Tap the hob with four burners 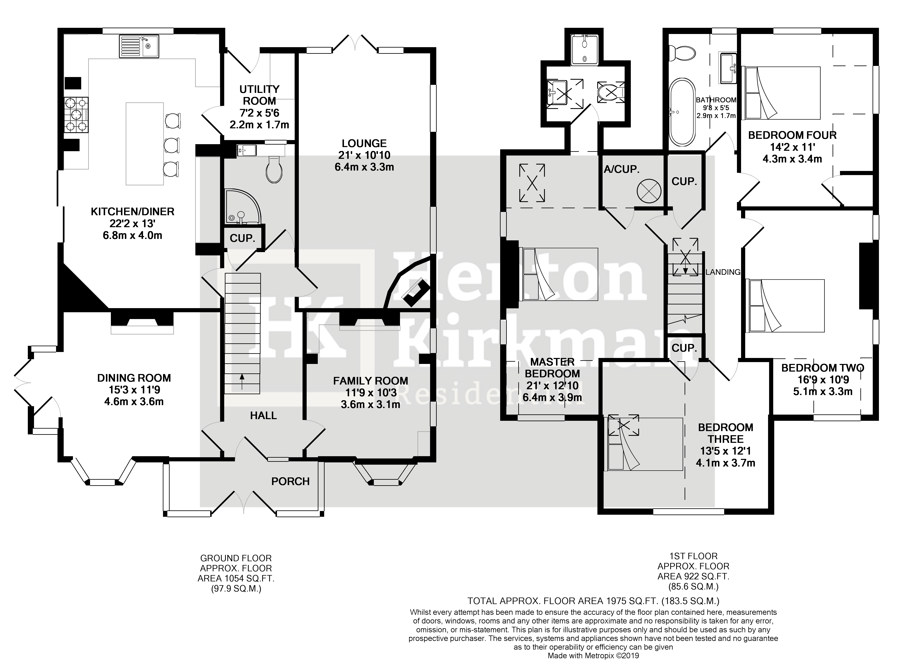[76, 115]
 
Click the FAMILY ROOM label [370, 381]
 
